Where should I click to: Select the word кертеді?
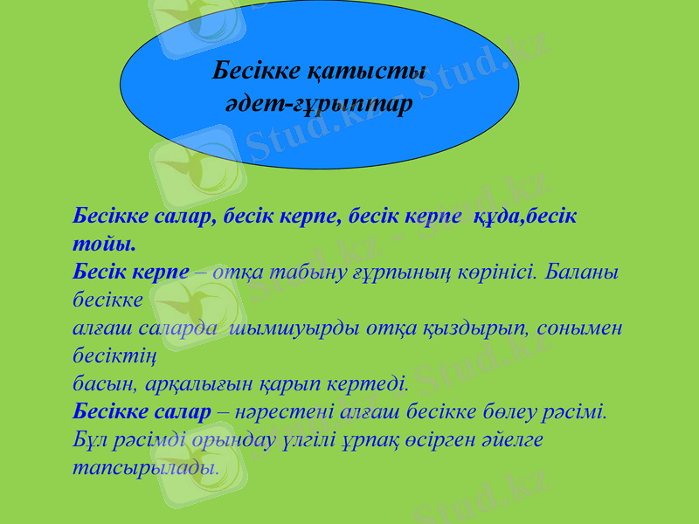coord(369,383)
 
